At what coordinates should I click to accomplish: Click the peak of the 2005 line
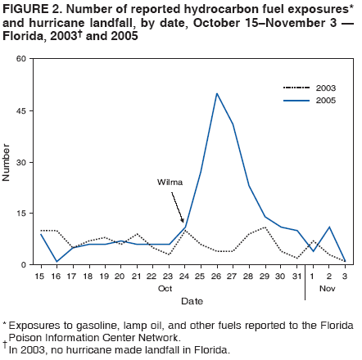(217, 93)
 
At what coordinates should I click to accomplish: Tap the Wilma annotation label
(170, 182)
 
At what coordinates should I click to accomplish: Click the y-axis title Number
(7, 162)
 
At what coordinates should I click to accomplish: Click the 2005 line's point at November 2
(329, 227)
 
